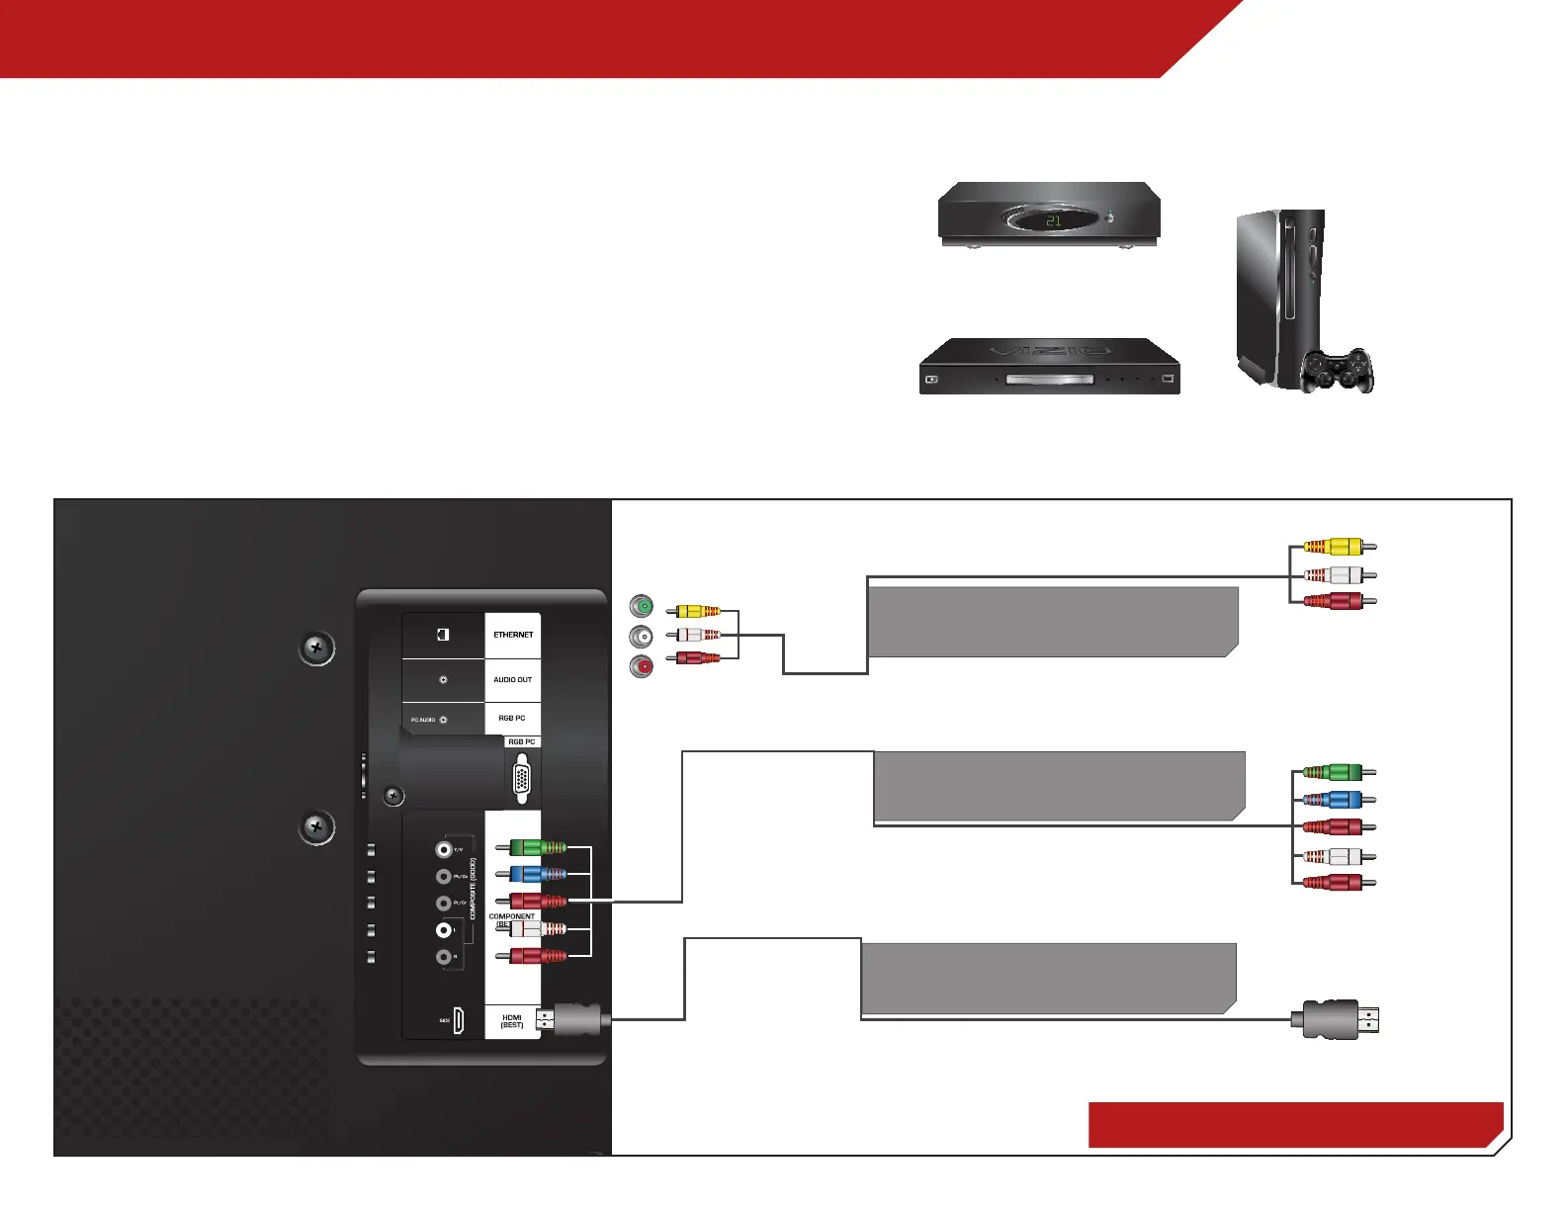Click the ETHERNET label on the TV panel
[513, 635]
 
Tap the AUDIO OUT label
[512, 680]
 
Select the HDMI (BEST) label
[512, 1021]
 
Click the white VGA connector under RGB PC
[522, 779]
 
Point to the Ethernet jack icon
[443, 635]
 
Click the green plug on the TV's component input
[538, 847]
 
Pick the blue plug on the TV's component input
[538, 874]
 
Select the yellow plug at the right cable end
[1339, 547]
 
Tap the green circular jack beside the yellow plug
[643, 606]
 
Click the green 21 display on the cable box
[1053, 220]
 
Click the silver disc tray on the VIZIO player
[1050, 380]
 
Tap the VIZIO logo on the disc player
[1050, 351]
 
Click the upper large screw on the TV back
[316, 648]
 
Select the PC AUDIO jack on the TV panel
[443, 720]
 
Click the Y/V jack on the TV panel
[444, 849]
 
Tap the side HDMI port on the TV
[459, 1021]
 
